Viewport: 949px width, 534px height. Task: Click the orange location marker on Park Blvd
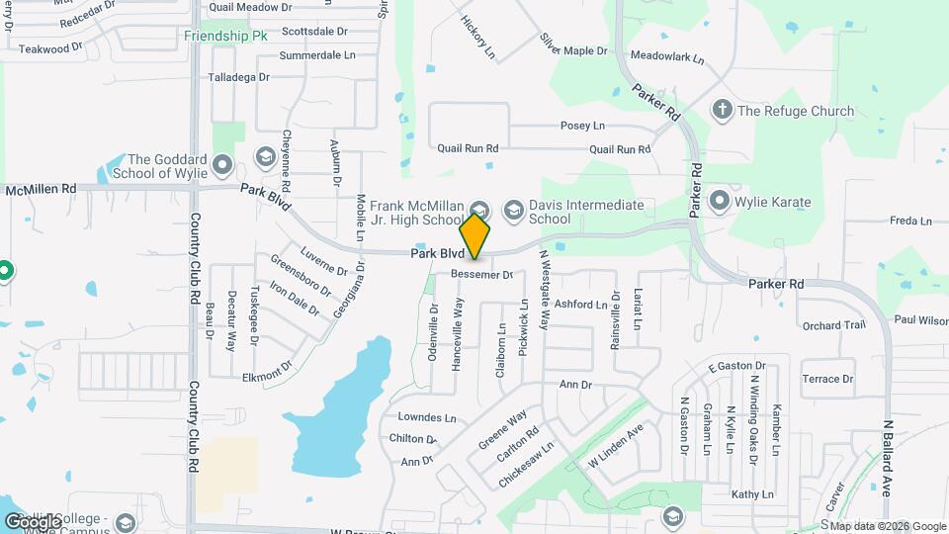pyautogui.click(x=475, y=236)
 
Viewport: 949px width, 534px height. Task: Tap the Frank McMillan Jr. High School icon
pyautogui.click(x=479, y=209)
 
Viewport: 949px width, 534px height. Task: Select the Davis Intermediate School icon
pyautogui.click(x=513, y=209)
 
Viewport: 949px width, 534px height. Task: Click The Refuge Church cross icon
pyautogui.click(x=723, y=110)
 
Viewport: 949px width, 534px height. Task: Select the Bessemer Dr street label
pyautogui.click(x=482, y=274)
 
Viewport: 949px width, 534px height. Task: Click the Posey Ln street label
pyautogui.click(x=582, y=126)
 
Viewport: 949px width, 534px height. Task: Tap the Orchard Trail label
pyautogui.click(x=833, y=325)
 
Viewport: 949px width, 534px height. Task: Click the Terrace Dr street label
pyautogui.click(x=827, y=379)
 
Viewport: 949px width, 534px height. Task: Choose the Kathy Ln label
pyautogui.click(x=751, y=493)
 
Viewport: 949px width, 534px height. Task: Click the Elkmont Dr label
pyautogui.click(x=267, y=377)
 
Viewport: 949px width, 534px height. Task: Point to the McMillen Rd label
pyautogui.click(x=41, y=188)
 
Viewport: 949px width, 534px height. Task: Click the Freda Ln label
pyautogui.click(x=910, y=221)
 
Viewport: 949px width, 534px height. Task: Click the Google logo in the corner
pyautogui.click(x=32, y=521)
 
